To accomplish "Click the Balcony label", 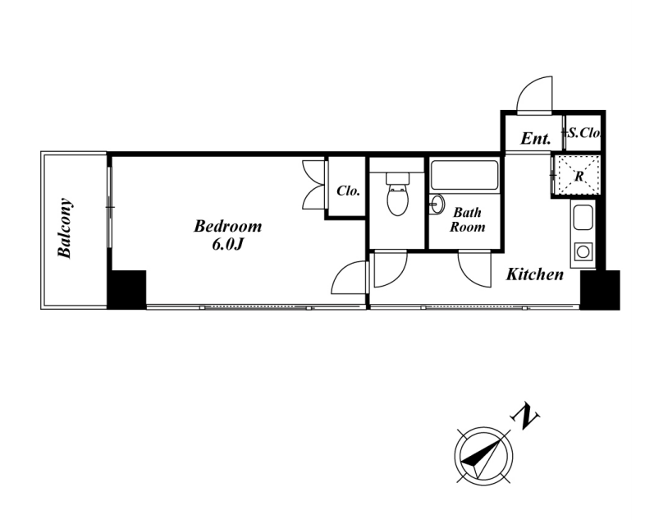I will point(66,228).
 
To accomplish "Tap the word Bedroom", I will point(227,226).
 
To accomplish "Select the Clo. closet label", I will point(348,191).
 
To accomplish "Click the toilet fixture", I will point(396,194).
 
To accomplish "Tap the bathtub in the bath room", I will point(464,174).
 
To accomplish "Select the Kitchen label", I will point(534,274).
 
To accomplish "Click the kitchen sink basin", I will point(583,218).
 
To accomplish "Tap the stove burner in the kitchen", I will point(583,251).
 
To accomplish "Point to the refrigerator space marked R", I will point(579,175).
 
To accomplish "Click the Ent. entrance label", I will point(535,139).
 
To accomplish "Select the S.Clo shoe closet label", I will point(584,131).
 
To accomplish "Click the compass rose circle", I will point(484,457).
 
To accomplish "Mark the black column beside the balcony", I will point(127,288).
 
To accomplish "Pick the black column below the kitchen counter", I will point(599,288).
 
